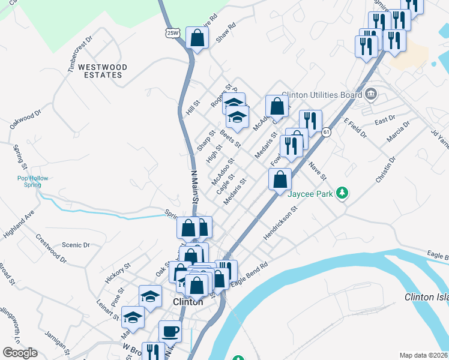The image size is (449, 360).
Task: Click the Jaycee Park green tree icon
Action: click(x=342, y=193)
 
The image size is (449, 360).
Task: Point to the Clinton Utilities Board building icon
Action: click(x=370, y=94)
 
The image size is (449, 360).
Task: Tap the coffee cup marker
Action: click(x=170, y=331)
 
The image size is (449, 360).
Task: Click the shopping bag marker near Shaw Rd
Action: click(x=197, y=38)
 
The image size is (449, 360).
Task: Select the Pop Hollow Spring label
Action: click(x=32, y=181)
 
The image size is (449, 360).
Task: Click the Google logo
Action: click(x=20, y=353)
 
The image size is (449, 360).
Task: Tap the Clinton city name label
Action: click(x=188, y=302)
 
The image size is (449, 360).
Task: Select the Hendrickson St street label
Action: click(x=281, y=224)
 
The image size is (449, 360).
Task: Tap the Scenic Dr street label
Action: click(x=76, y=245)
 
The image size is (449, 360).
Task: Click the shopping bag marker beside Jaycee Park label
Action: click(x=280, y=179)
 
